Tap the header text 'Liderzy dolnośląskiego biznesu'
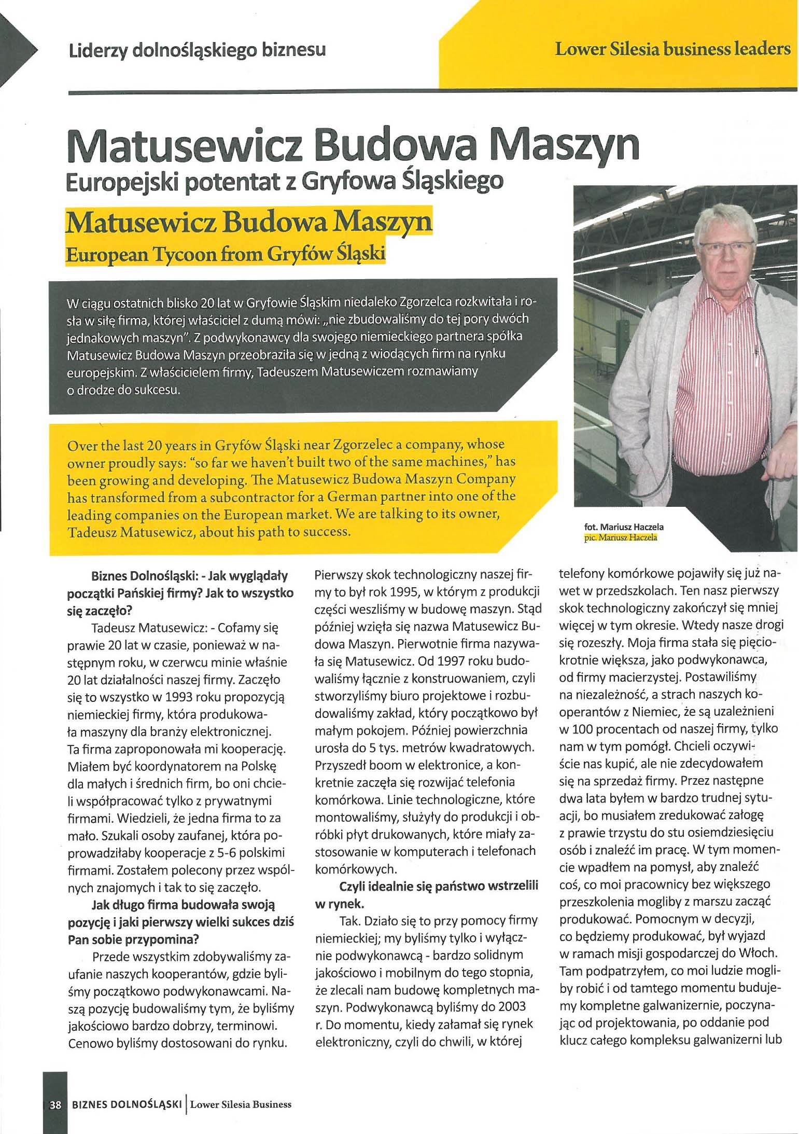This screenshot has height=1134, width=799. click(198, 50)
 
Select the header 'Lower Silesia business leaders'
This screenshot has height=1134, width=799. click(672, 50)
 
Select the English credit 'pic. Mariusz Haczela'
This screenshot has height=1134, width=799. click(620, 538)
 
